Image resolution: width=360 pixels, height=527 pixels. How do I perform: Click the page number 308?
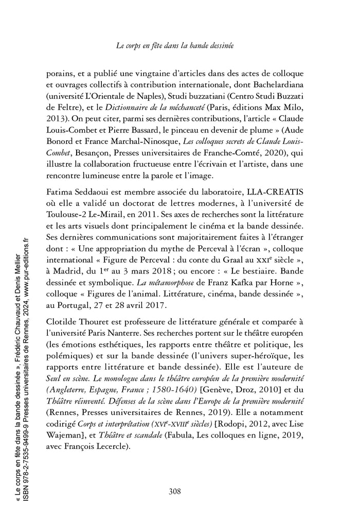175,491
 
